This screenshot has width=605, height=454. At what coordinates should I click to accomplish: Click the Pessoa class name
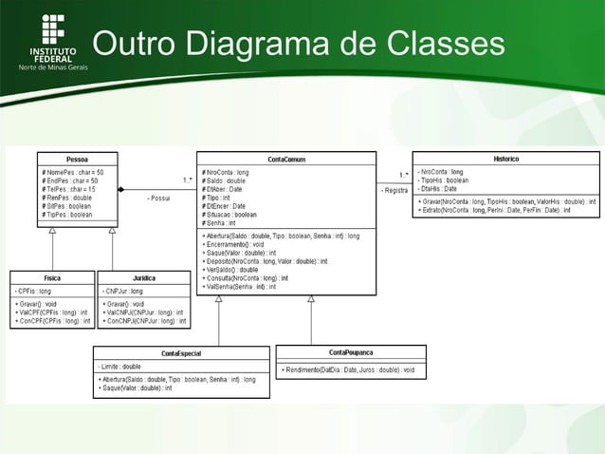pos(78,159)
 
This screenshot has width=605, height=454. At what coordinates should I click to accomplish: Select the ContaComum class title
pos(287,159)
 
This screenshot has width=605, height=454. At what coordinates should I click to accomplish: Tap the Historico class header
pos(506,158)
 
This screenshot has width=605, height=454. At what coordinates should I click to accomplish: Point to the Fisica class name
pos(51,277)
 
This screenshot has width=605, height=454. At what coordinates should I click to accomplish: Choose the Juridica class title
pos(145,277)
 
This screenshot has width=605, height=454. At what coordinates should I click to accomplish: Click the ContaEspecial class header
pos(181,352)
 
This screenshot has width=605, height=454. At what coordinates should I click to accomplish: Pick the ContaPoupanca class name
pos(351,352)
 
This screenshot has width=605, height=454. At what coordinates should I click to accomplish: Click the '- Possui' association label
pos(159,199)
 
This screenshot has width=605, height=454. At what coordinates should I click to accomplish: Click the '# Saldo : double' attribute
pos(224,180)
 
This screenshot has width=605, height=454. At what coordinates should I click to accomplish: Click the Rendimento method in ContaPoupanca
pos(348,369)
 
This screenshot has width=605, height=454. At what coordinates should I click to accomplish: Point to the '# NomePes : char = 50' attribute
pos(73,172)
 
